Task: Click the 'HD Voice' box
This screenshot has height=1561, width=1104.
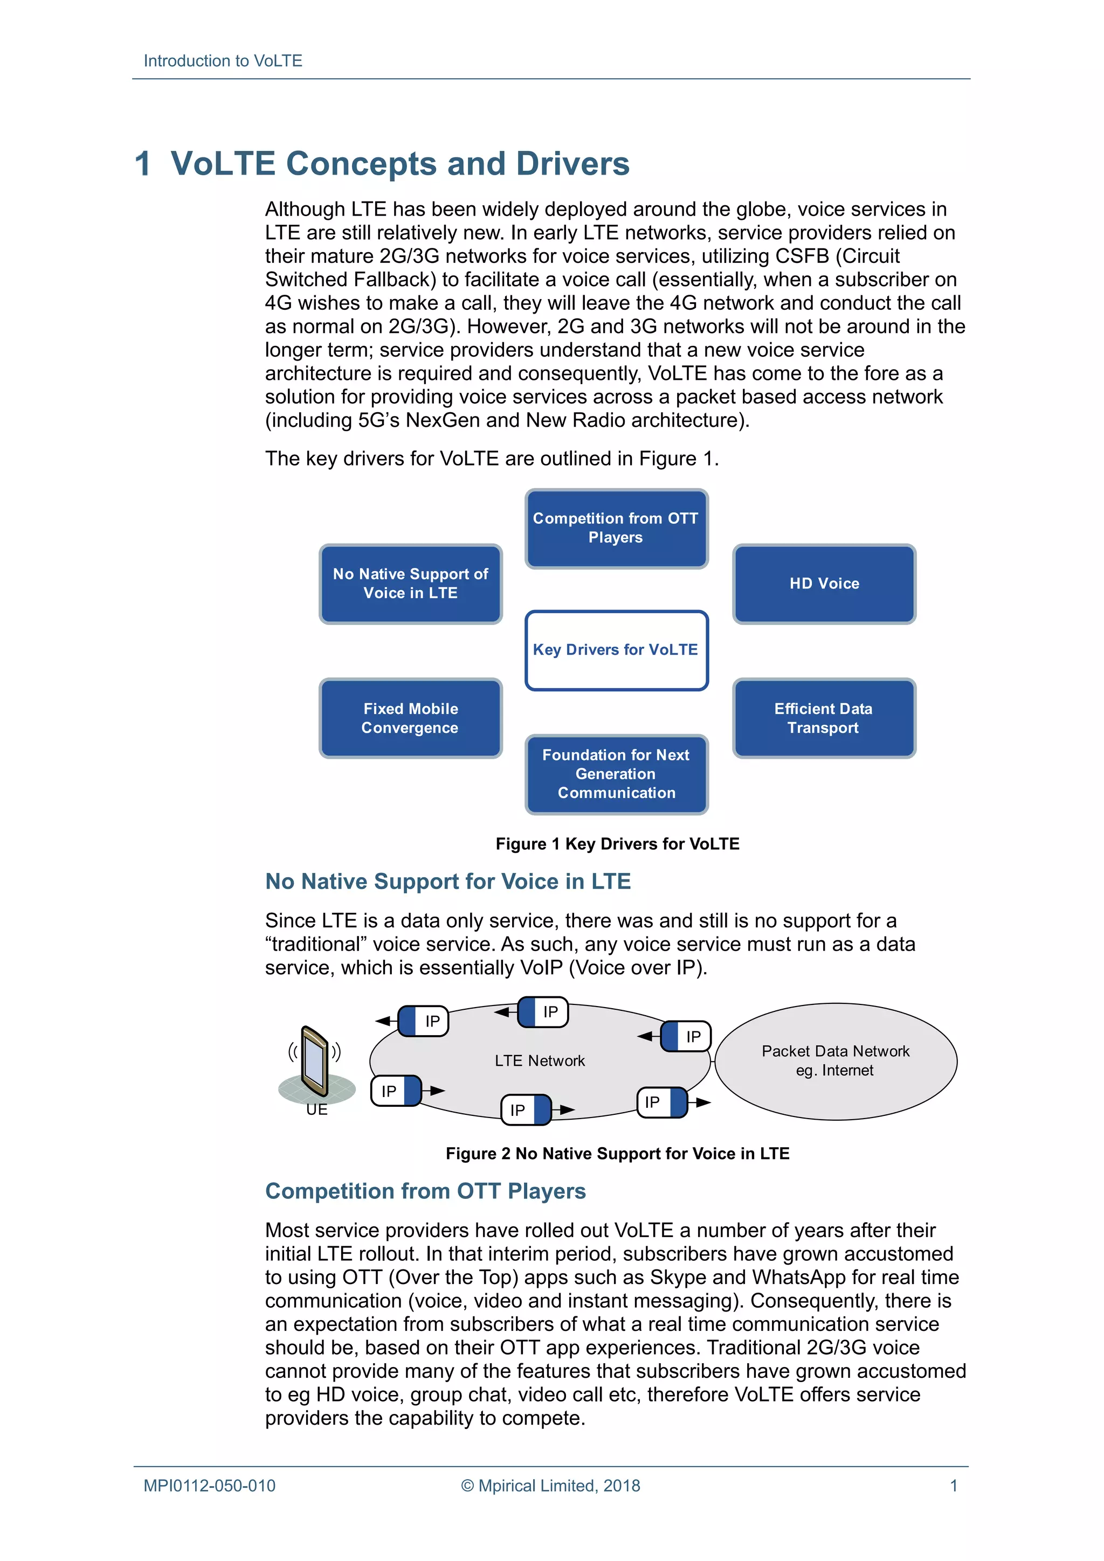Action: point(824,584)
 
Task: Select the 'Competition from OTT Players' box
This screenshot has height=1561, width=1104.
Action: point(616,528)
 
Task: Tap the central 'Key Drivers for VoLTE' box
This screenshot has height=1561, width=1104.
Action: point(616,649)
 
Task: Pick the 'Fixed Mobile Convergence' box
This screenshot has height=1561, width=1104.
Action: point(410,718)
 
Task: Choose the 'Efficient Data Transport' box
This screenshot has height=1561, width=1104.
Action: point(823,718)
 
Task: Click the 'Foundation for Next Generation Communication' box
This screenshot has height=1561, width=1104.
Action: point(616,774)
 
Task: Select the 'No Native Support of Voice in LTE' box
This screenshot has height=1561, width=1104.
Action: point(410,584)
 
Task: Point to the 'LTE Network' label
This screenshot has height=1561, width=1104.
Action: point(540,1060)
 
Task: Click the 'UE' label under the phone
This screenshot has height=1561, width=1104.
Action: point(316,1109)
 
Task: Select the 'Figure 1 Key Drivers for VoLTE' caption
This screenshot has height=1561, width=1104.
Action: point(617,844)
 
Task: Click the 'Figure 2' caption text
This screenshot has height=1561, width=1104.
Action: point(617,1153)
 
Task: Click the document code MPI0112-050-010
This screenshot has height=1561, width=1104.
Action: point(209,1486)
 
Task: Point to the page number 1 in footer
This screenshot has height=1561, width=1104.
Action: point(953,1486)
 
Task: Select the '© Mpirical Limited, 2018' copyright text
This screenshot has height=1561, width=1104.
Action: point(550,1486)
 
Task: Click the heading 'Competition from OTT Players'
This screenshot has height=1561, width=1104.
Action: point(425,1191)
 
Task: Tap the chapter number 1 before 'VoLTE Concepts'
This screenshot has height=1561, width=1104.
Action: point(142,164)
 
